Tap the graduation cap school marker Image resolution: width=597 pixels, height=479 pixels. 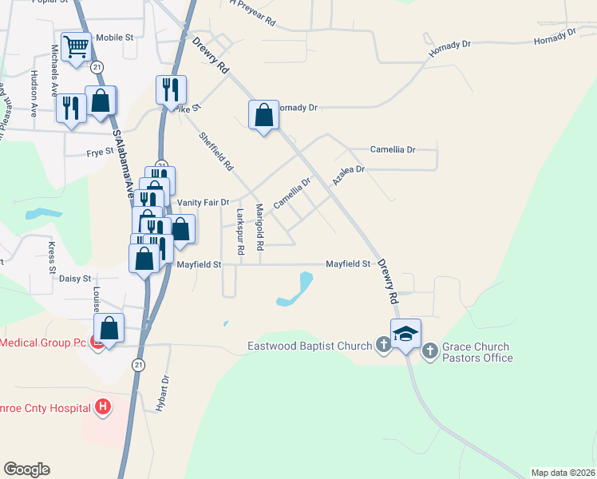tap(405, 333)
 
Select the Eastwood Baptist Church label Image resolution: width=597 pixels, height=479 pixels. tap(310, 346)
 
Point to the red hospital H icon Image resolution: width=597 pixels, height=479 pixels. tap(102, 408)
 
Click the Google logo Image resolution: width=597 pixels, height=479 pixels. tap(26, 469)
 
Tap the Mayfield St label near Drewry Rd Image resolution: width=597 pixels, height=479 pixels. tap(349, 264)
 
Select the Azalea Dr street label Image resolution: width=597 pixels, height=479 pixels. tap(348, 176)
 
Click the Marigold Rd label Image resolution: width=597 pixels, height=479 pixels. tap(259, 228)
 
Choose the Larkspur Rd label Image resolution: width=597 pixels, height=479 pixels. tap(239, 232)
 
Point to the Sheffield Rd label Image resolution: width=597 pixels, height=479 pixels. tap(216, 152)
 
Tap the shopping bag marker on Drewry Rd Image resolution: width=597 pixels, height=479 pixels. tap(263, 115)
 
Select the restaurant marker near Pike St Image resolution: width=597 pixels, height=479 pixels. tap(171, 89)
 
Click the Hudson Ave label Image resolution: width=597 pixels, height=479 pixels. tap(34, 93)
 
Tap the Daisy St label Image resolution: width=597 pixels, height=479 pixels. tap(74, 279)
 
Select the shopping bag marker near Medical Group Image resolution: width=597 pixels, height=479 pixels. tap(109, 328)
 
